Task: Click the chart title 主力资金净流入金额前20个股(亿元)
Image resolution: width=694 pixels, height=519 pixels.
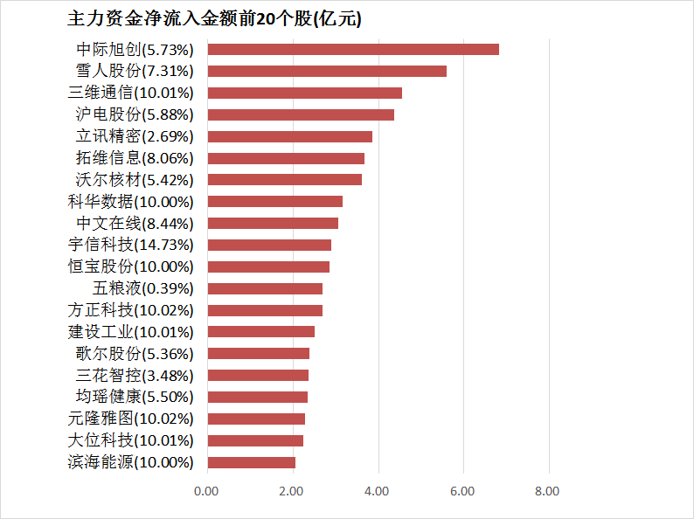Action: [x=214, y=19]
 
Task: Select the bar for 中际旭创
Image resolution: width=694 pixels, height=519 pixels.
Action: [x=353, y=49]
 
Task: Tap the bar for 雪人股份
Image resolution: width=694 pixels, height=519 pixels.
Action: [x=327, y=71]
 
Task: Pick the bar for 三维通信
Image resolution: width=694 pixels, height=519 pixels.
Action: [x=304, y=93]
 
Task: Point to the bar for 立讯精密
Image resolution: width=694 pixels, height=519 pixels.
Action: [x=289, y=136]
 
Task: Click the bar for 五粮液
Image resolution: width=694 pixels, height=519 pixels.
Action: [x=265, y=288]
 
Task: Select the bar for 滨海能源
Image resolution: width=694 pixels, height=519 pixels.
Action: [x=251, y=462]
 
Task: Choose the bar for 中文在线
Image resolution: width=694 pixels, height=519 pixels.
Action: [x=273, y=223]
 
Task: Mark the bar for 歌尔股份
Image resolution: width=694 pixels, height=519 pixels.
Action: [x=258, y=353]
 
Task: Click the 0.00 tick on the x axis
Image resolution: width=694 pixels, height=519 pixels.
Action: [x=207, y=491]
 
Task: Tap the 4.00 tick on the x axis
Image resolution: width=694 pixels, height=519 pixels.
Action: [x=378, y=491]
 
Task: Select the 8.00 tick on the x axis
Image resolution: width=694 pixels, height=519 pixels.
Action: [x=547, y=491]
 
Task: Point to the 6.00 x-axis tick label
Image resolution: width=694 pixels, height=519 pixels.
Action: [x=462, y=491]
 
